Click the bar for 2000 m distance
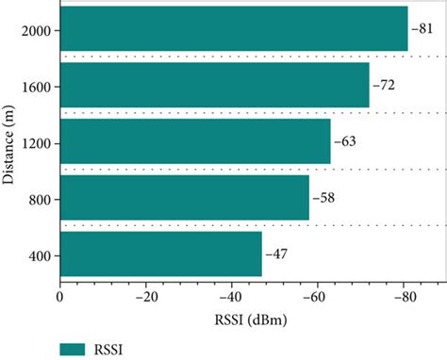coord(233,30)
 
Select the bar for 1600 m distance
coord(214,87)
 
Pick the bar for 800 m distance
coord(184,199)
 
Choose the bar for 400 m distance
coord(160,254)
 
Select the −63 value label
coord(344,143)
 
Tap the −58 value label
coord(323,199)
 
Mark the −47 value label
coord(275,255)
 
